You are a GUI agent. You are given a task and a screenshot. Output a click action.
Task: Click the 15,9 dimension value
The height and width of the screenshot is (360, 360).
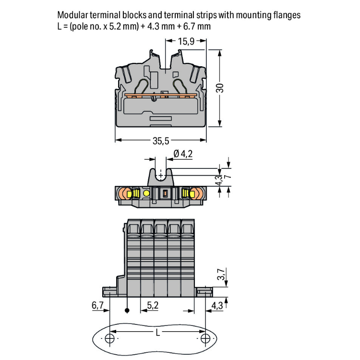tap(186, 42)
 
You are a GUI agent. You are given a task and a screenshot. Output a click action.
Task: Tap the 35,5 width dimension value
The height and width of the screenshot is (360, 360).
tap(161, 141)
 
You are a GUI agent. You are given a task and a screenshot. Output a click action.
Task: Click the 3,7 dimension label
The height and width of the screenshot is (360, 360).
tap(220, 275)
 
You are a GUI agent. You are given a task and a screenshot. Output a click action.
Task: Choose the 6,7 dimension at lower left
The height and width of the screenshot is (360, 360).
tap(97, 305)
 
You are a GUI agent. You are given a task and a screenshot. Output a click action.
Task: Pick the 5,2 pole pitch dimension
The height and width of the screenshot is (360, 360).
tap(153, 305)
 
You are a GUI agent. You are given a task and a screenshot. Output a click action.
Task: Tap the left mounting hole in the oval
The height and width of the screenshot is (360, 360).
tap(110, 339)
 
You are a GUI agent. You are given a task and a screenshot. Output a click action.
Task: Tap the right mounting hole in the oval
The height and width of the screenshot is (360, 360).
tap(205, 339)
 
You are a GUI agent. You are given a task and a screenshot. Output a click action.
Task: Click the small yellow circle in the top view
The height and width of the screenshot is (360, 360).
tap(146, 193)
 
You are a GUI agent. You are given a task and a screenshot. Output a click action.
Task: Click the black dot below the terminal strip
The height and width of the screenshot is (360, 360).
tap(127, 311)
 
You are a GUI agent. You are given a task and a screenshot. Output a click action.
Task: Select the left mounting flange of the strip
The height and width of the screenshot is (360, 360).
tap(109, 291)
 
